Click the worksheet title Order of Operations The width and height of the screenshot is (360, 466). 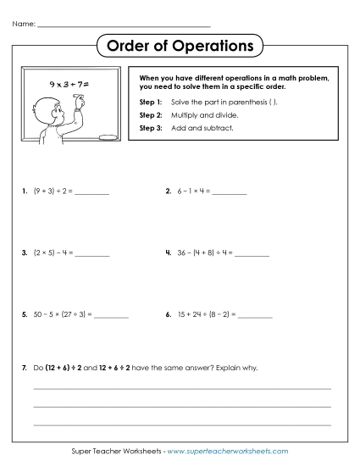tap(180, 44)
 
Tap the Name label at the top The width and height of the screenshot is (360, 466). tap(24, 24)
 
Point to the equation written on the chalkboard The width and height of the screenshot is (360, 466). tap(69, 85)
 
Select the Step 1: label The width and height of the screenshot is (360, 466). tap(149, 102)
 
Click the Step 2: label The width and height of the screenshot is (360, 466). tap(149, 114)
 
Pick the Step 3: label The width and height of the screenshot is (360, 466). tap(149, 128)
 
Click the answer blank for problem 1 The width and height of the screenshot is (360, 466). tap(92, 193)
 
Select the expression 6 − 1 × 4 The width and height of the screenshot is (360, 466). tap(191, 191)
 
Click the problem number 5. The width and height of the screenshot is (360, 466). tap(25, 314)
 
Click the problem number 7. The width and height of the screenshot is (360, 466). tap(25, 368)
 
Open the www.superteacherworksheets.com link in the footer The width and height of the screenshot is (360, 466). tap(228, 452)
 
